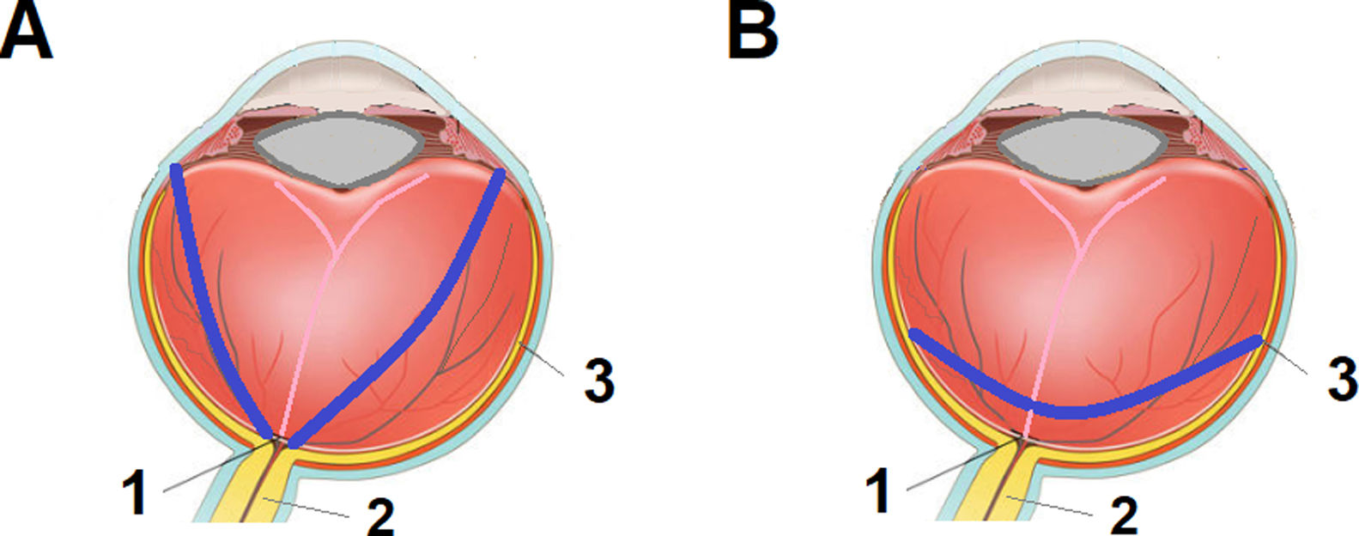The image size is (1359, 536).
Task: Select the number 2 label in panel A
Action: tap(379, 515)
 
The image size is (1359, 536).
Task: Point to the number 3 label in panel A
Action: tap(598, 379)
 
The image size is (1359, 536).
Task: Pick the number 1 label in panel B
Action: tap(878, 492)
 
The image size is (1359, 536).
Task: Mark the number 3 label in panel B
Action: tap(1341, 379)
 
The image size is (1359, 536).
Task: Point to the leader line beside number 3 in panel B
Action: tap(1288, 359)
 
